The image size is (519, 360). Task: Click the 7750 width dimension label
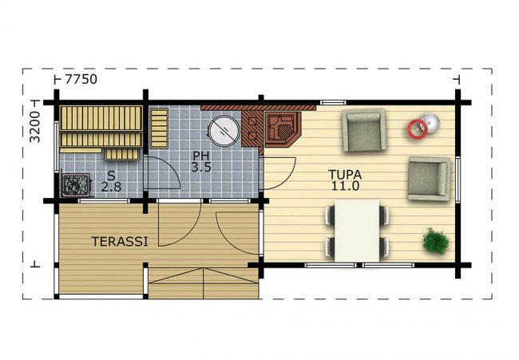click(x=81, y=79)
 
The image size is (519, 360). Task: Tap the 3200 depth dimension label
click(x=35, y=127)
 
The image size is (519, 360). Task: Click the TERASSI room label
click(x=120, y=242)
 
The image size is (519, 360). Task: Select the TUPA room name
click(x=345, y=174)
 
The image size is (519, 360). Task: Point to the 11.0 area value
click(x=345, y=186)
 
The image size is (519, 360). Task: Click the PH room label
click(x=201, y=156)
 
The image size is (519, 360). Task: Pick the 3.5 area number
click(x=201, y=167)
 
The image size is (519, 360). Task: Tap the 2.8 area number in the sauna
click(x=111, y=187)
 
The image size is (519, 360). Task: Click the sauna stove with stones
click(x=76, y=185)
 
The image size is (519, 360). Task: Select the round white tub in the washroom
click(x=224, y=130)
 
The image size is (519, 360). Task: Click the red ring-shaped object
click(x=417, y=129)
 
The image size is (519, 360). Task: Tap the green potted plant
click(x=436, y=240)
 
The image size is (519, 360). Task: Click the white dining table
click(x=357, y=231)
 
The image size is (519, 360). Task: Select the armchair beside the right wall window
click(x=430, y=179)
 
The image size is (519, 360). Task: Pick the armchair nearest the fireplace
click(x=364, y=130)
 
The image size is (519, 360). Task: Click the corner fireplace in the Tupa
click(x=282, y=129)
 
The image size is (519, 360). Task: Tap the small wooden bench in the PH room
click(x=159, y=129)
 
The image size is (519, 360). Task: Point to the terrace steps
click(x=204, y=283)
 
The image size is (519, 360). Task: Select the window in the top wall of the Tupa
click(x=333, y=103)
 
